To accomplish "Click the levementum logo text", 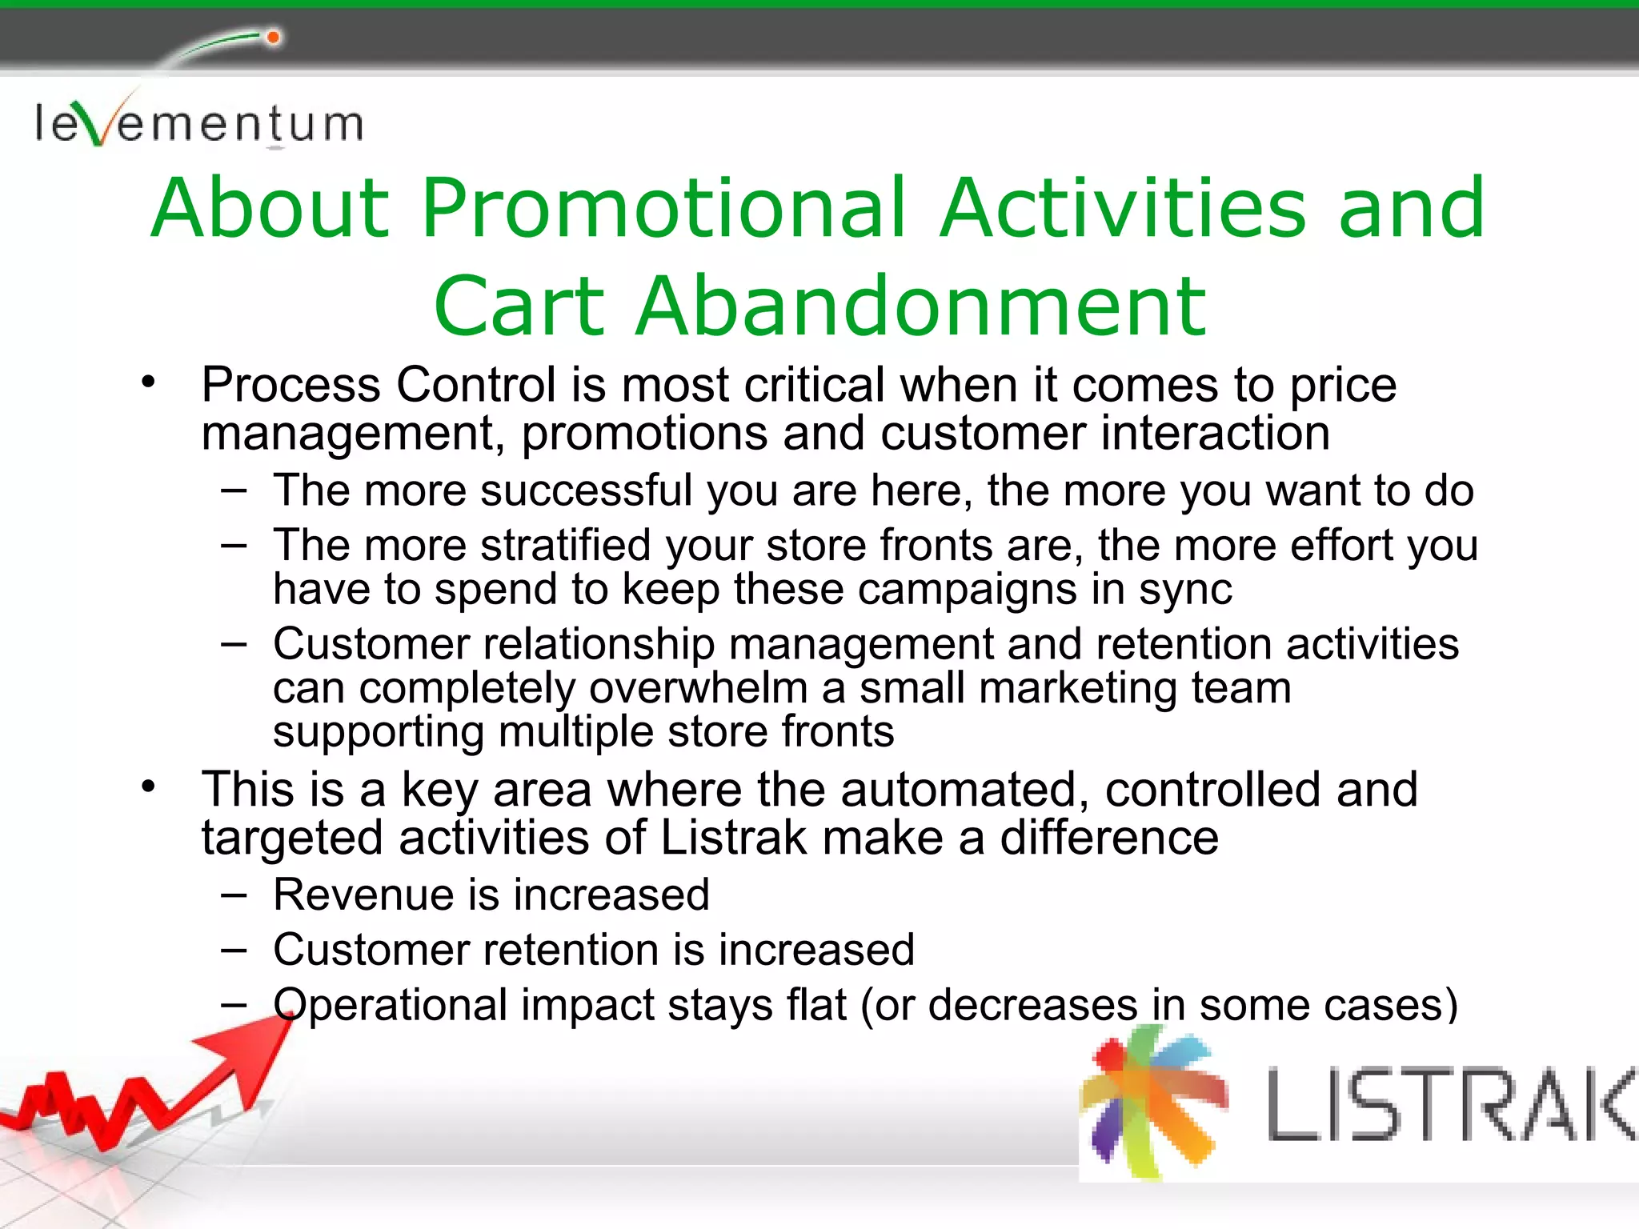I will (x=198, y=124).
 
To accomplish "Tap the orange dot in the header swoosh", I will (x=273, y=38).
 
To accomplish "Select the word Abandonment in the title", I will (x=920, y=306).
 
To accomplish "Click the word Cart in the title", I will (x=519, y=306).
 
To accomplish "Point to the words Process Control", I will (x=378, y=385).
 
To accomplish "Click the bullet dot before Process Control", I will (x=148, y=382).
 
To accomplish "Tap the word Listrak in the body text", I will (x=733, y=838).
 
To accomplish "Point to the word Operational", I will (x=390, y=1006).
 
